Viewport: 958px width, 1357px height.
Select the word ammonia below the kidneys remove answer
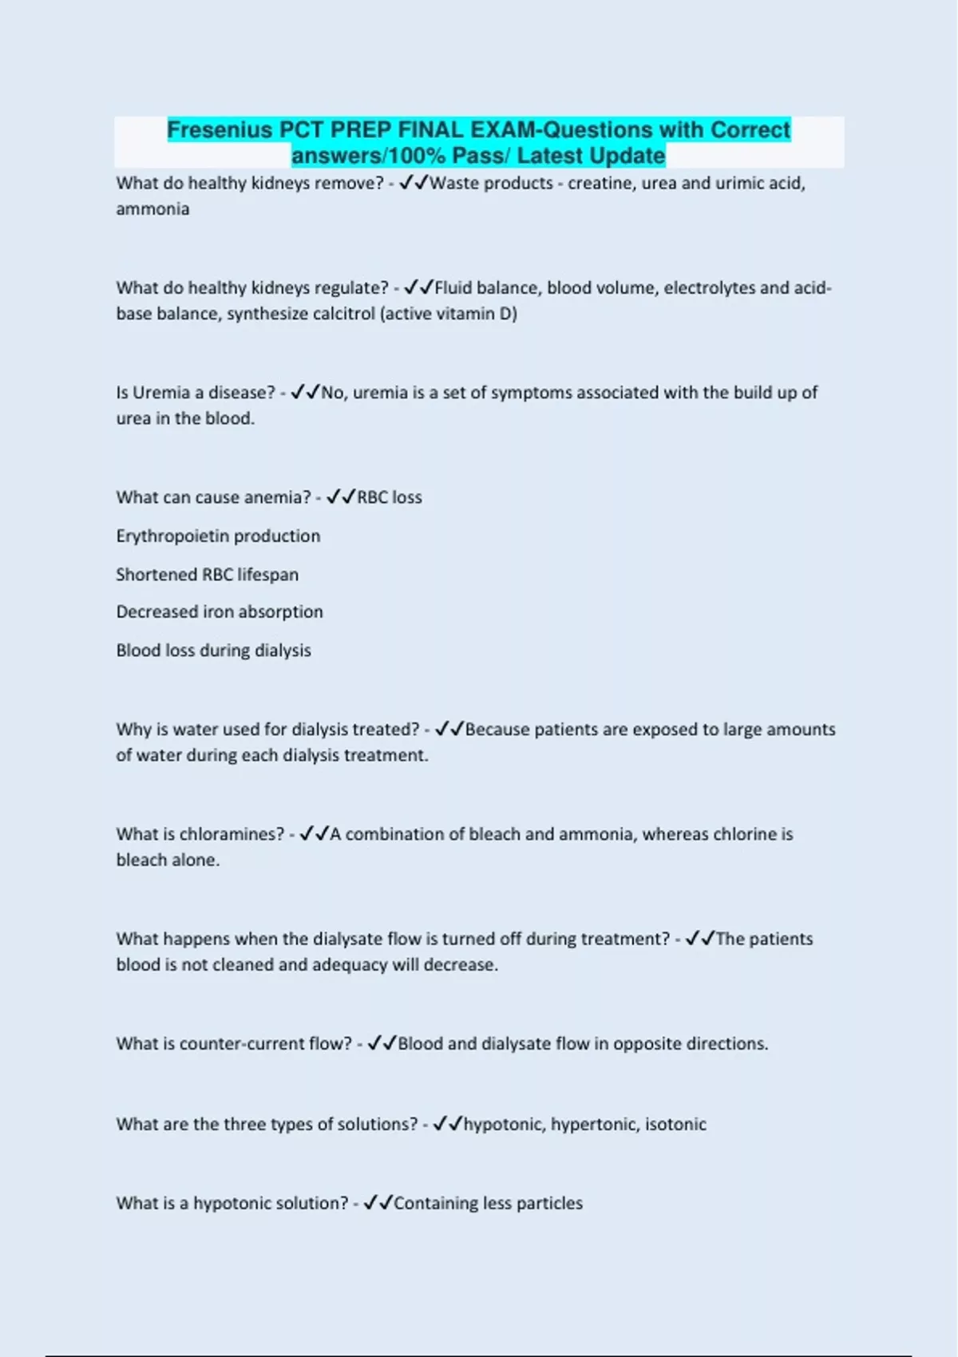(x=152, y=209)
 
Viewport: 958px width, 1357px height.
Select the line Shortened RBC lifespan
(x=207, y=575)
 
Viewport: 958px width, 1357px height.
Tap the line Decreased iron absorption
(x=220, y=612)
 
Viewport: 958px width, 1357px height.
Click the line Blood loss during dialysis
(x=213, y=651)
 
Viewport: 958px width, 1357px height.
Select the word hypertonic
(x=593, y=1125)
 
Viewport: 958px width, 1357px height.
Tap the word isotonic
(x=675, y=1125)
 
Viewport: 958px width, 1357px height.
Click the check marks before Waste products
(x=413, y=184)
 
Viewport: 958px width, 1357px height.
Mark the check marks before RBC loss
(x=340, y=497)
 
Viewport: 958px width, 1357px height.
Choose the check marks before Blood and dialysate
(x=382, y=1043)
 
